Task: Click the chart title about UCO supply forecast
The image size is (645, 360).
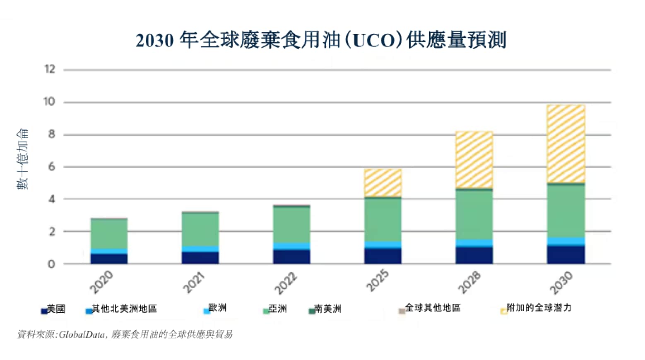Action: [x=321, y=41]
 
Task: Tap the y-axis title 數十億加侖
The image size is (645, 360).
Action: [x=23, y=159]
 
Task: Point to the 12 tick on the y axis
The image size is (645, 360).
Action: [x=50, y=69]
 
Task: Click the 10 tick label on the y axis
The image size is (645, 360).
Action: [x=49, y=101]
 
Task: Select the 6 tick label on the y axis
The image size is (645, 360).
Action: [x=51, y=167]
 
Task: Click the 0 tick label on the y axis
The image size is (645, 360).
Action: [x=51, y=264]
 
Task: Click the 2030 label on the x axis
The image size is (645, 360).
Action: [x=561, y=282]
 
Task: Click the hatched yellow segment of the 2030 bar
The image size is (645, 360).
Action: [x=566, y=144]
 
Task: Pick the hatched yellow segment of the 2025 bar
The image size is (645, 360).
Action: [x=383, y=182]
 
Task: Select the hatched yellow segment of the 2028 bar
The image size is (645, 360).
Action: [x=474, y=160]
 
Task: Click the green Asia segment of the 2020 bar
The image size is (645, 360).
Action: [x=109, y=234]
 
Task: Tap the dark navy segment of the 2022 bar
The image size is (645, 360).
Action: [x=291, y=257]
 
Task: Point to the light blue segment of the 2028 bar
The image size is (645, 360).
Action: [x=474, y=243]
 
